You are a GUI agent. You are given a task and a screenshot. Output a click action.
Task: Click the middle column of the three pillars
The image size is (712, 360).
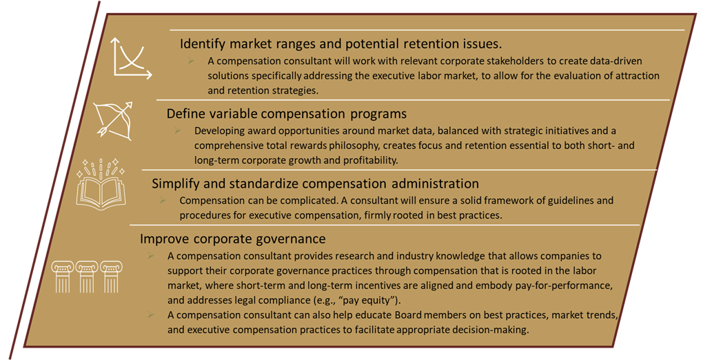[x=87, y=277]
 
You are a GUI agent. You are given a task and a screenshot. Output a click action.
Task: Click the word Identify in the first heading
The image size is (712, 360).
[x=202, y=44]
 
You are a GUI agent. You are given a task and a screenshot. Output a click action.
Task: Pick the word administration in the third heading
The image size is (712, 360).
[x=435, y=183]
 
